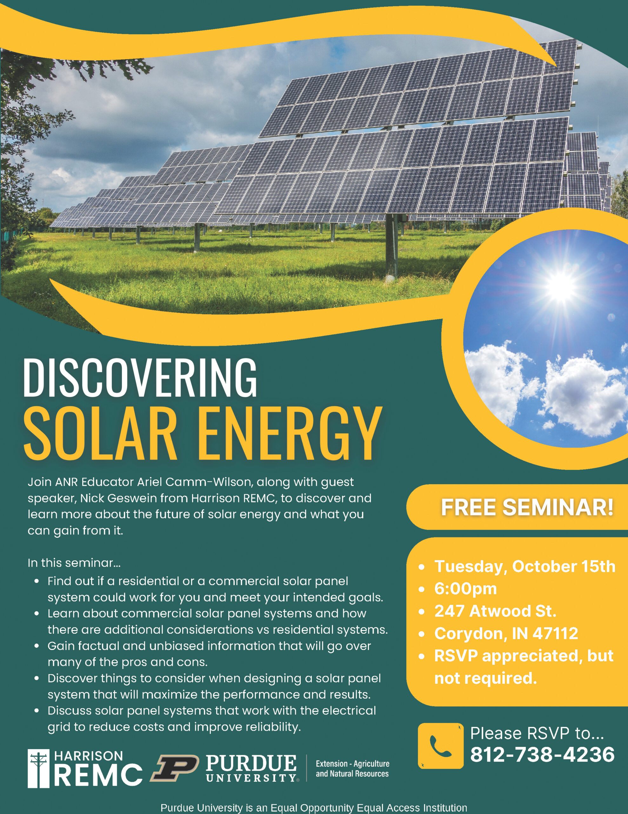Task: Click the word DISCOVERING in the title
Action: [x=140, y=378]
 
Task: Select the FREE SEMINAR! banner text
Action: [x=527, y=507]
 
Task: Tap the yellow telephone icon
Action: [x=440, y=746]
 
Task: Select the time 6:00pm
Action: [x=465, y=589]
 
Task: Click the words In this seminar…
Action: [x=74, y=562]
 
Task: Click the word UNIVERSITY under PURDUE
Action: [x=251, y=778]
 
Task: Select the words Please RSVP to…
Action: [x=537, y=733]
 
